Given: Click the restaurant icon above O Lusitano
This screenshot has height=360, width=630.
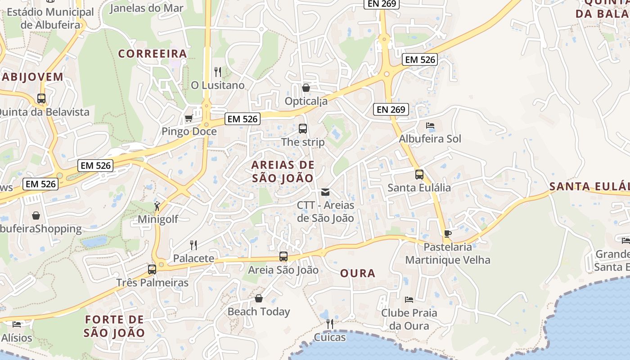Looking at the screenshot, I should point(218,72).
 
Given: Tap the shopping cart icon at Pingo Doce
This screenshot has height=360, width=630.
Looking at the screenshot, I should point(189,118).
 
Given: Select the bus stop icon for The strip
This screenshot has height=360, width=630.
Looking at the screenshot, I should point(303,129).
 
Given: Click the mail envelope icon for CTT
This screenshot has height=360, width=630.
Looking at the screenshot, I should point(325,192).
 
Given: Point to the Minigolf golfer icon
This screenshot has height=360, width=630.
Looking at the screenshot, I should point(157,206).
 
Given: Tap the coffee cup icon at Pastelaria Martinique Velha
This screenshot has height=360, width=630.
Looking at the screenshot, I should point(447,234).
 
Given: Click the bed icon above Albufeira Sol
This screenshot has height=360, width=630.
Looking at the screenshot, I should point(430,126).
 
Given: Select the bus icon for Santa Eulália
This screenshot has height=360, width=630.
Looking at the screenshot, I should point(419,174).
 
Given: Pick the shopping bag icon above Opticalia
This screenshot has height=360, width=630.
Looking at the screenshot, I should point(306,88).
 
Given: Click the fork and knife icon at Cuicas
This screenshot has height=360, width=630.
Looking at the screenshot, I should point(330,324).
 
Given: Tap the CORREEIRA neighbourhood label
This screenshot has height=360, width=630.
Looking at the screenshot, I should point(153,54).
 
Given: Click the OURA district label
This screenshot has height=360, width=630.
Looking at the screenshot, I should point(358,273).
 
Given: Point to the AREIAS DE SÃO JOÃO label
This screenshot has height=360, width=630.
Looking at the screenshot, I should point(283,171).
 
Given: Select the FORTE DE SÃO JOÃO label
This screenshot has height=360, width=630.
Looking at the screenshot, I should point(114,326).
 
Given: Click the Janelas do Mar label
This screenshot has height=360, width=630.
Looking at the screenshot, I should point(147,8).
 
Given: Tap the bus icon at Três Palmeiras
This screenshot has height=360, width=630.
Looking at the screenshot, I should point(152,270).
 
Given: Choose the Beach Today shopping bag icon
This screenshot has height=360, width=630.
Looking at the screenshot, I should point(259,298).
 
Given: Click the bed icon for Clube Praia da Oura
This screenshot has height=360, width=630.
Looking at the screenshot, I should point(409,299).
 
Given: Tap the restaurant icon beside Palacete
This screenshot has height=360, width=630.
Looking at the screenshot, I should point(193,245).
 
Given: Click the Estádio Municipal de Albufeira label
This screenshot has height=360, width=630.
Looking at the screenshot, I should point(50,18).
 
